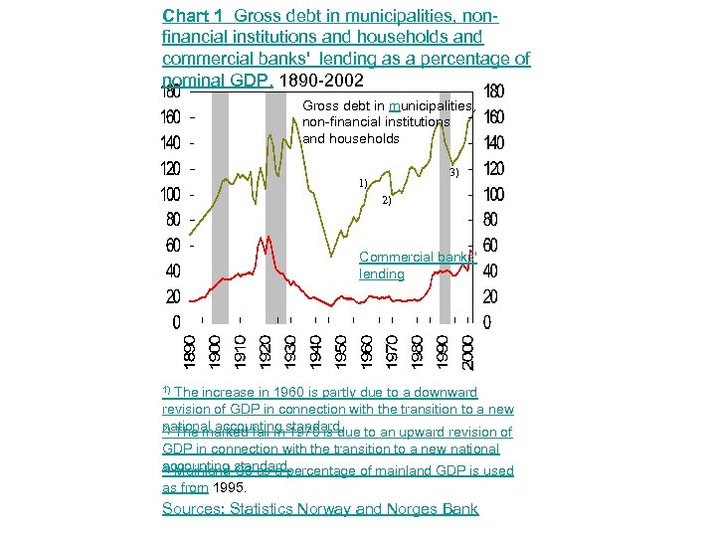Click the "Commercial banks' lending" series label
417,266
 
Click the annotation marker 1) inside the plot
364,183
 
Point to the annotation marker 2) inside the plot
386,200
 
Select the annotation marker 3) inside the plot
452,173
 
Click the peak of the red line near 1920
264,238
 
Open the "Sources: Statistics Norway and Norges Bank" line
320,509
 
